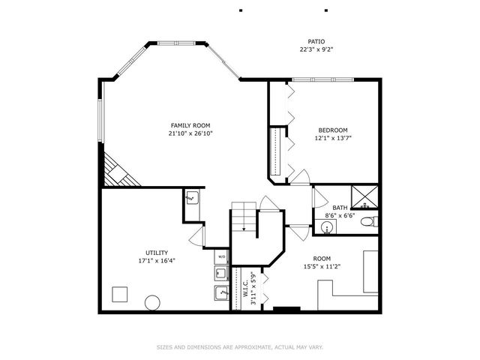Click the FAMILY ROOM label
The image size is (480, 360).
190,125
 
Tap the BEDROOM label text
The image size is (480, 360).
332,129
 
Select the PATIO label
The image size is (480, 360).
316,41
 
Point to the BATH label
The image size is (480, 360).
340,208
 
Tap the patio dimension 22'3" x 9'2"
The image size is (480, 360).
316,49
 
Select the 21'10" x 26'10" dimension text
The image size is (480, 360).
190,133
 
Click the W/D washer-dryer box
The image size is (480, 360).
222,256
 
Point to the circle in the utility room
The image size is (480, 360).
152,304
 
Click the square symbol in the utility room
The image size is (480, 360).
119,294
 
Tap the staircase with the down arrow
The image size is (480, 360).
244,217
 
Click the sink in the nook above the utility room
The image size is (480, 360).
191,198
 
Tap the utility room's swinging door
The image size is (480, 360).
196,238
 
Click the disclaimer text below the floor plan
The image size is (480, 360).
239,347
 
